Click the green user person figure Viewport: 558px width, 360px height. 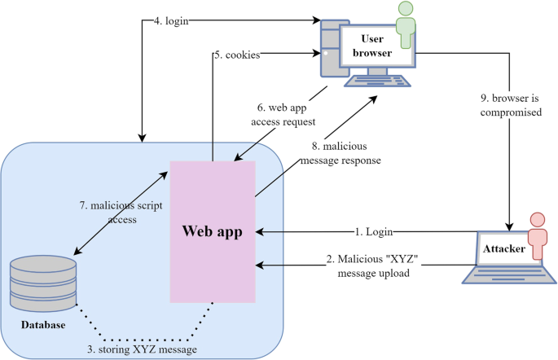(405, 26)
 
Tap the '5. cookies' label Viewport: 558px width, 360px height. (237, 55)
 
